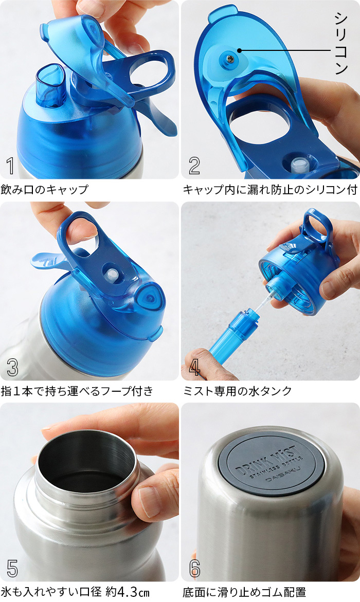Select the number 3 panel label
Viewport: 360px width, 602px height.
pos(12,368)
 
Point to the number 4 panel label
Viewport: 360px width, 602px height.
pos(194,368)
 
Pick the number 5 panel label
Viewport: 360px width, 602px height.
pos(12,568)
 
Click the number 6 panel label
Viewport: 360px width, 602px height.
pos(194,568)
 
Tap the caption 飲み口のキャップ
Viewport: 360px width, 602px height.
pos(44,190)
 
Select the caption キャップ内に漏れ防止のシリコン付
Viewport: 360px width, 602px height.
pos(270,190)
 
